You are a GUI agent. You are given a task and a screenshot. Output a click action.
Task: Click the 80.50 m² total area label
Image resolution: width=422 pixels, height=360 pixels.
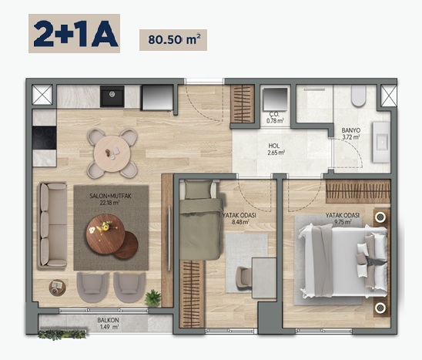point(174,39)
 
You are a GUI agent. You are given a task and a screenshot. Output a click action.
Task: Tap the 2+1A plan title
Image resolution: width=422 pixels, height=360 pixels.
point(75,34)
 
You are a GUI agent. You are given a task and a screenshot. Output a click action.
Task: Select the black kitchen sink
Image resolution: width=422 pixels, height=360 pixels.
point(112,96)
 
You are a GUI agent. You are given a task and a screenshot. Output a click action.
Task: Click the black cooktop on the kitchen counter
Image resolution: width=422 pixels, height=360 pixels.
point(44,138)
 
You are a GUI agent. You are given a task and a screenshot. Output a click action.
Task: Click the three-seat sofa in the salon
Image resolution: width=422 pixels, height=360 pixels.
point(52,225)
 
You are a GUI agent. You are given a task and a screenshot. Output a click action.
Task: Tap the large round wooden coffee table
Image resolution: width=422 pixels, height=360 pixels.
point(105,234)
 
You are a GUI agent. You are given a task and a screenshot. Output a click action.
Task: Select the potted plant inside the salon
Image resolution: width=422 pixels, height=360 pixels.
point(153,298)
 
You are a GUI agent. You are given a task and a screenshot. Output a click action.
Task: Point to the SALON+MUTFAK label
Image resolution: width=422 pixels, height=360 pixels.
point(110,196)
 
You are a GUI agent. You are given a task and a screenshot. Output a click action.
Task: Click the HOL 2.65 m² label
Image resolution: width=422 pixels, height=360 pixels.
point(276,150)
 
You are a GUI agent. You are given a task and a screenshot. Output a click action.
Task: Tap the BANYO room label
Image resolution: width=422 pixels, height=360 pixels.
point(351,130)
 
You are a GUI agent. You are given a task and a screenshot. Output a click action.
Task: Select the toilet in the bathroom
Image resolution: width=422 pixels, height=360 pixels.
point(359,96)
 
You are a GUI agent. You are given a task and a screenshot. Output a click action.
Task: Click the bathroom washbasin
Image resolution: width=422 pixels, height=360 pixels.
point(381,142)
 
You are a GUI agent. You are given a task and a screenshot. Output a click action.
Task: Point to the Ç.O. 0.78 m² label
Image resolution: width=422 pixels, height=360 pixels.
point(275,117)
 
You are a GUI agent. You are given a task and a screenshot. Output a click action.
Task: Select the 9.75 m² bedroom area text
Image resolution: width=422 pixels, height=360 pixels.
point(343,222)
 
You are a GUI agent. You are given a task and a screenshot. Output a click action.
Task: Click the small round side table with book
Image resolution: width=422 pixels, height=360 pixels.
point(57,288)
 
